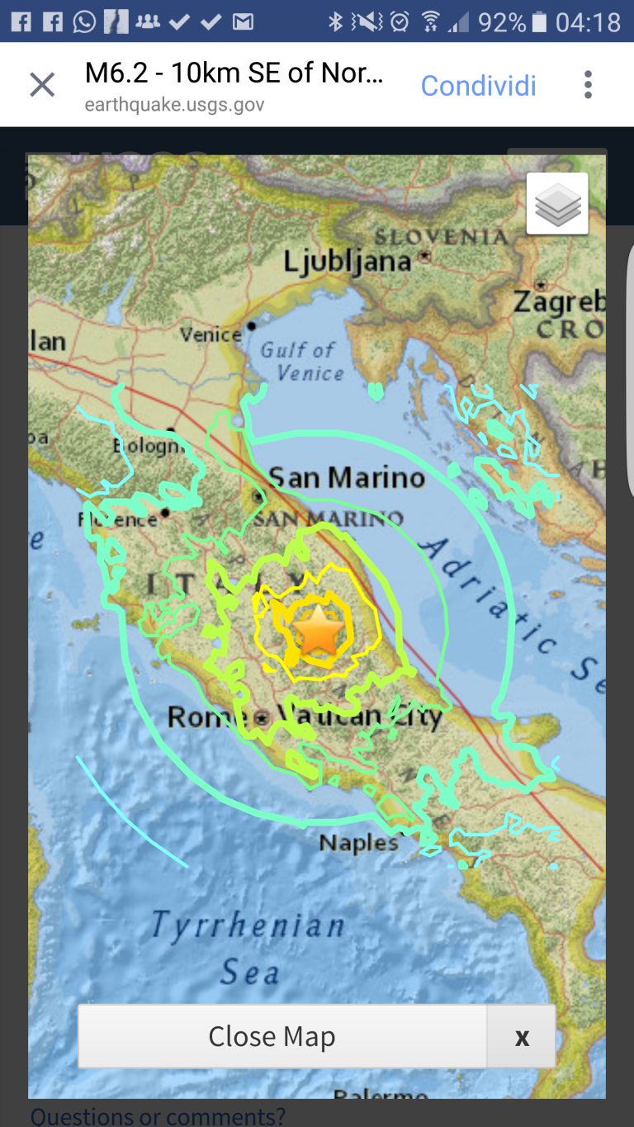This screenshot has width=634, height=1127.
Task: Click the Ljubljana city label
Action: tap(347, 262)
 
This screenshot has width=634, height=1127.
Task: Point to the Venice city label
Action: tap(211, 334)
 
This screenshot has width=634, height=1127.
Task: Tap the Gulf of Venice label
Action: tap(300, 362)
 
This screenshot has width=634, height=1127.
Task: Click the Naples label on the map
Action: tap(358, 843)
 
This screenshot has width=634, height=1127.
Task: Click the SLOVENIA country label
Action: tap(441, 238)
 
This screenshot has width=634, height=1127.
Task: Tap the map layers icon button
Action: tap(557, 204)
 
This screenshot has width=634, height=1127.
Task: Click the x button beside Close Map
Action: tap(522, 1037)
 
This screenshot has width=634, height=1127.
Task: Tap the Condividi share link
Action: tap(479, 85)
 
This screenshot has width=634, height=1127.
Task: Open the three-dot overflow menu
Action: tap(588, 84)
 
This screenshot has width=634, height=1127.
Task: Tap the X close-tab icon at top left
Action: tap(42, 84)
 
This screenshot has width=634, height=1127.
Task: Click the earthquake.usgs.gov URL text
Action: tap(174, 106)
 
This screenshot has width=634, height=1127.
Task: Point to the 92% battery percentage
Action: tap(501, 22)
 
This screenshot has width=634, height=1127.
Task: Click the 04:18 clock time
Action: tap(588, 22)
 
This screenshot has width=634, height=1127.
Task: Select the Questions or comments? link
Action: tap(158, 1117)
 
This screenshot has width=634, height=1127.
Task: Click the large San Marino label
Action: tap(347, 477)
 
